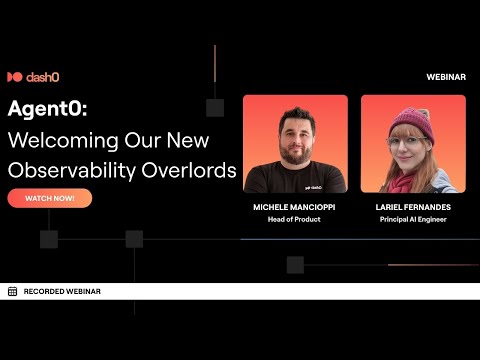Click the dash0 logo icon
point(15,77)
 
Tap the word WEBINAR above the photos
point(445,77)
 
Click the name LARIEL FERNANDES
point(413,206)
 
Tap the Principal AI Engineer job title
point(413,218)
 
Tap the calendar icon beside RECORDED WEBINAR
point(12,291)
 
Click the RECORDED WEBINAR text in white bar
point(61,291)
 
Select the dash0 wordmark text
point(44,77)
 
